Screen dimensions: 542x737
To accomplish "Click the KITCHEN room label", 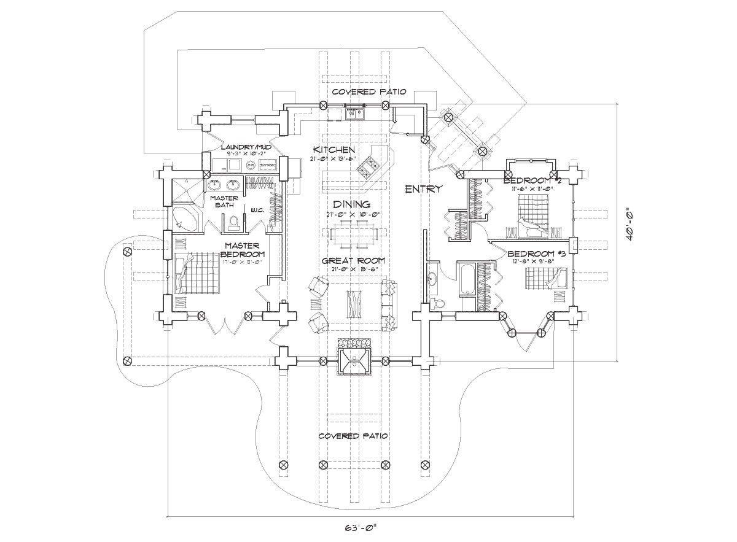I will click(x=333, y=150).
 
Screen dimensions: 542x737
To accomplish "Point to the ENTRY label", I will click(x=423, y=189).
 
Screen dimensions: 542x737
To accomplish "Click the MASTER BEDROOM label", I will click(x=243, y=250).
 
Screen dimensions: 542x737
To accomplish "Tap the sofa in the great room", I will click(x=389, y=305).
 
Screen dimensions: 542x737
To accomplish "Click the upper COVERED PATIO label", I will click(x=368, y=91).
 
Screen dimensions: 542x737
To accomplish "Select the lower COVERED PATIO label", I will click(x=353, y=436).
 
